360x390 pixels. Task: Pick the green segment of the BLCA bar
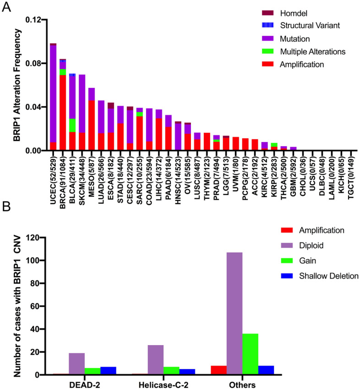point(72,125)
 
